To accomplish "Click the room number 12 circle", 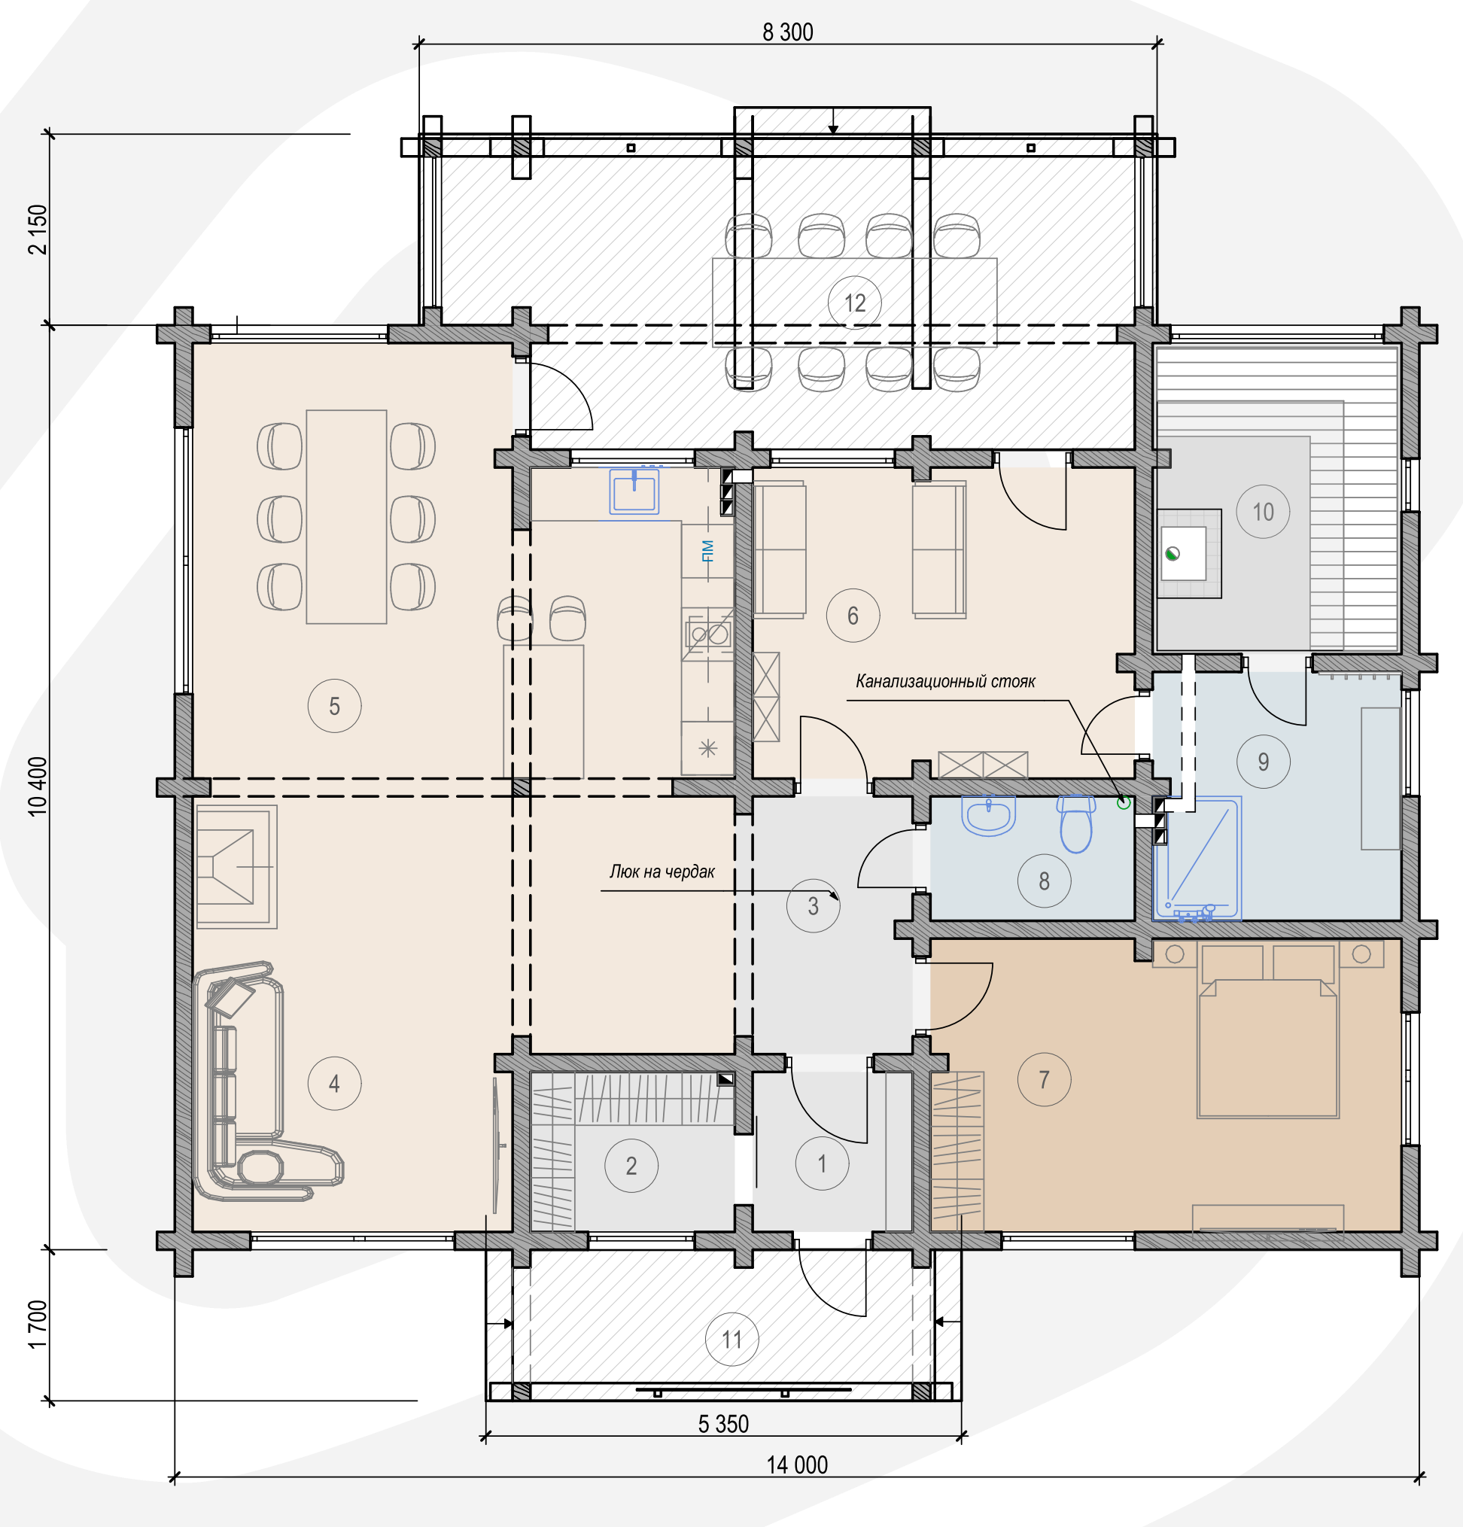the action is [x=855, y=303].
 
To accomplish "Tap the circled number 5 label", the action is [x=334, y=706].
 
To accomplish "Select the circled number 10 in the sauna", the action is [x=1263, y=512].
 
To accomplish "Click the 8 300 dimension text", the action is [x=788, y=32].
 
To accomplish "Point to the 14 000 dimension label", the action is [x=797, y=1465].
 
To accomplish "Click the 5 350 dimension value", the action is [x=723, y=1423].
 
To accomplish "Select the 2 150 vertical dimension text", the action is [x=38, y=229].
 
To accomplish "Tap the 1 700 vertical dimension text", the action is [x=38, y=1325].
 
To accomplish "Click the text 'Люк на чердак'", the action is [x=662, y=871].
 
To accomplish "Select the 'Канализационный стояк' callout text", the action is [x=945, y=681].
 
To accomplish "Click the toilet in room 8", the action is [x=1076, y=823].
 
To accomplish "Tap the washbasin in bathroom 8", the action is [x=990, y=815].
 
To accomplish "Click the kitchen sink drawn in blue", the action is [x=634, y=491].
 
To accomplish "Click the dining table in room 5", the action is [x=346, y=516].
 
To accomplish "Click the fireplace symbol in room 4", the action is [x=236, y=866].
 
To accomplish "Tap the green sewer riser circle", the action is [x=1123, y=802].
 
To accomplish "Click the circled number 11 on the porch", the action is [x=731, y=1340].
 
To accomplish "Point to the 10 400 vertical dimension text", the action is [x=38, y=786].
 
